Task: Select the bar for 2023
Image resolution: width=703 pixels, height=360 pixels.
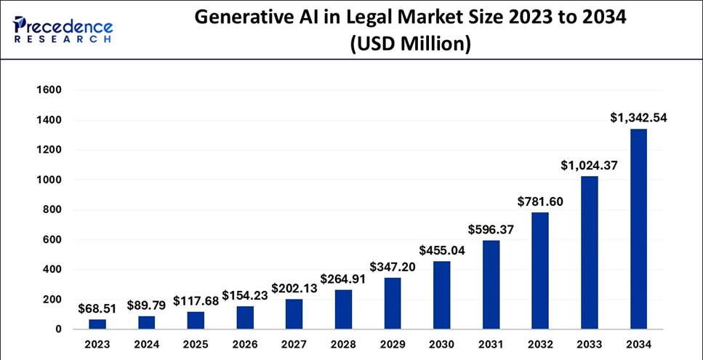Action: coord(97,324)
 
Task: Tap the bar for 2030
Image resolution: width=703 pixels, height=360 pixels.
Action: coord(442,295)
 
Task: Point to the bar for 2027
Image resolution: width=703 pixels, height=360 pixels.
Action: coord(294,314)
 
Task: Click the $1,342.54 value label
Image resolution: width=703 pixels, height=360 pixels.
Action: coord(639,118)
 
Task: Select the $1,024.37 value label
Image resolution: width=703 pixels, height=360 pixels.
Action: coord(589,165)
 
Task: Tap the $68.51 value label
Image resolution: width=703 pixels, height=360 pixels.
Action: coord(97,308)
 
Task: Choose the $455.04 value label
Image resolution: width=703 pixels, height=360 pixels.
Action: coord(442,250)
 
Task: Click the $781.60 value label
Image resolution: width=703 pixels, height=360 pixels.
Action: coord(540,201)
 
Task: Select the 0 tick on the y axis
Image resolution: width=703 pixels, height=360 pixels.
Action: coord(59,329)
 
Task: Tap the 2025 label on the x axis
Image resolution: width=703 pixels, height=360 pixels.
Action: coord(196,345)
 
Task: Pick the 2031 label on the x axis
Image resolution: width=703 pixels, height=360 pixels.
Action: coord(491,345)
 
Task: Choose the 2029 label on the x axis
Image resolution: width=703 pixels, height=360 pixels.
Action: coord(393,345)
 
